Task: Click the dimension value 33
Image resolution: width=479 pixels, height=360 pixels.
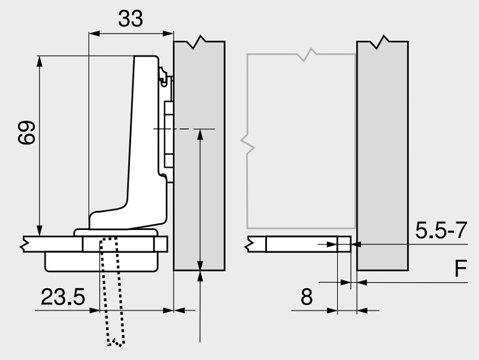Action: [131, 19]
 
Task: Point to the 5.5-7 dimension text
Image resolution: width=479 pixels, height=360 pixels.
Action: [441, 231]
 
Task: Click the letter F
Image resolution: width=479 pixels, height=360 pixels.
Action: [459, 270]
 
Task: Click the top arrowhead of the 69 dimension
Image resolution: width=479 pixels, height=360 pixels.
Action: [40, 60]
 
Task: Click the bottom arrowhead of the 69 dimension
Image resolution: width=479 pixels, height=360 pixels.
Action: [40, 231]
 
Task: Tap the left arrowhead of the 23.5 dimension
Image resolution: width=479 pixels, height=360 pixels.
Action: [95, 310]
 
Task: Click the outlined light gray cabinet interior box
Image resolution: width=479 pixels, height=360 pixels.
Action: [299, 144]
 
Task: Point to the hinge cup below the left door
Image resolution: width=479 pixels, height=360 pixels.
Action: [102, 259]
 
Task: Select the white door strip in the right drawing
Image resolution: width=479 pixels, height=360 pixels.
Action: [299, 244]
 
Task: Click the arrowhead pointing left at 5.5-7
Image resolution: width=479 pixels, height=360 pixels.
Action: [357, 244]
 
